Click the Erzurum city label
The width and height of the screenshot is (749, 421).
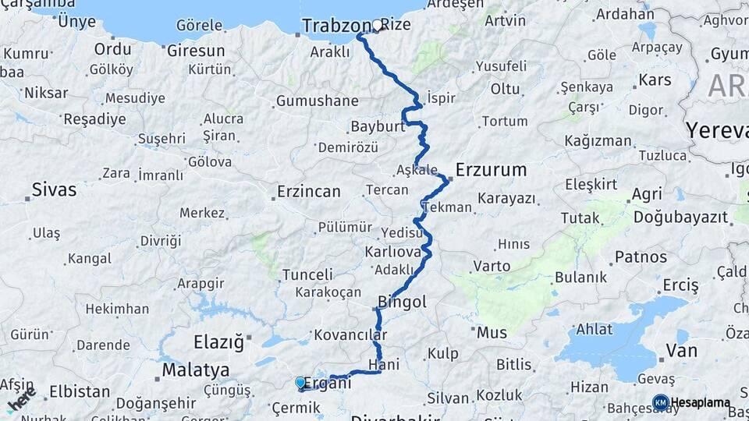[491, 169]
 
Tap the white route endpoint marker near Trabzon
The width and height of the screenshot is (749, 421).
[378, 25]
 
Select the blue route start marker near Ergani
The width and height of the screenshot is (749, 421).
[300, 382]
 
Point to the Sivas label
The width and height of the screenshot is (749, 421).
[54, 189]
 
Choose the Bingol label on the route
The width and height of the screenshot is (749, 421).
[402, 302]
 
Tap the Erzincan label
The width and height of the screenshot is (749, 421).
[309, 191]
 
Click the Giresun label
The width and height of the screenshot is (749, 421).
[197, 51]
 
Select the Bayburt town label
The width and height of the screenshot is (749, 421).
[377, 126]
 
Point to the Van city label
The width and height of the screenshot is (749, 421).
[681, 350]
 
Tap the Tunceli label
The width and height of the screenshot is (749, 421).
[307, 274]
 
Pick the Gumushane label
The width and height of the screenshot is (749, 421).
[317, 101]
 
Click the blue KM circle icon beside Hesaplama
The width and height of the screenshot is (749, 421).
[660, 402]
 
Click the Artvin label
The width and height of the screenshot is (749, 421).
[505, 20]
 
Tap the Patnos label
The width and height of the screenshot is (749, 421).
[641, 256]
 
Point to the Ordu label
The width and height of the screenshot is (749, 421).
[112, 49]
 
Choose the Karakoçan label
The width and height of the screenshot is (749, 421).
[328, 292]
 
